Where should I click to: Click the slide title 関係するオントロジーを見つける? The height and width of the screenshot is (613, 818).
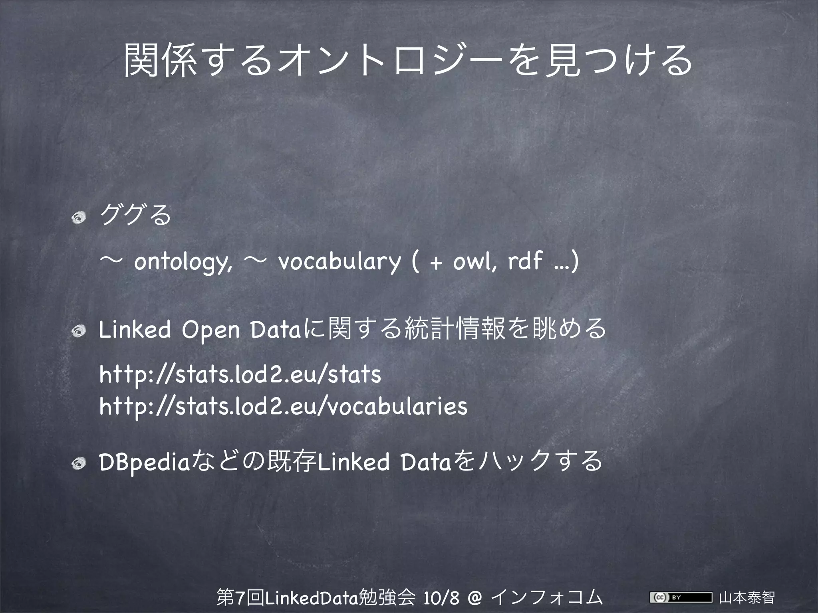coord(408,61)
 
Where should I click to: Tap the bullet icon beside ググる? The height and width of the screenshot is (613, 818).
coord(79,218)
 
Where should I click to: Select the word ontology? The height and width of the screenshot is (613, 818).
coord(182,262)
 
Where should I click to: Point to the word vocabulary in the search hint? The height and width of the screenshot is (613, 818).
coord(339,262)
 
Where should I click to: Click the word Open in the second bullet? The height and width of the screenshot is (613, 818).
coord(210,331)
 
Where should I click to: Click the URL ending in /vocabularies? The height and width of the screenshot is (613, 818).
coord(283,406)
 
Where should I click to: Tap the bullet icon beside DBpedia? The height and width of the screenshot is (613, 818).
coord(79,463)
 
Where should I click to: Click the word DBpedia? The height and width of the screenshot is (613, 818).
coord(143,462)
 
